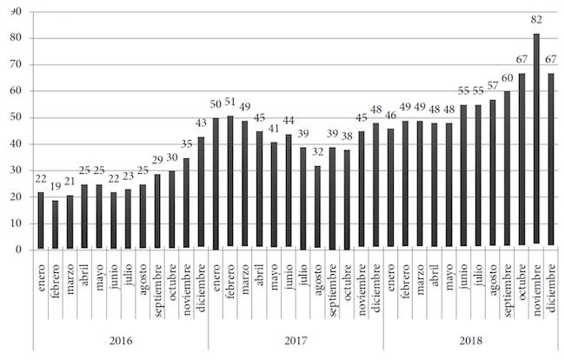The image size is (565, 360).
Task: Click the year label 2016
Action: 121,340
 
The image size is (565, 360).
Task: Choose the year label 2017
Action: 296,340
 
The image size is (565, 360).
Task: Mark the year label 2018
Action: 470,340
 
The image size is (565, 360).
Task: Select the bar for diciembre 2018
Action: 550,162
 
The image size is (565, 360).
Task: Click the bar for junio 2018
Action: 463,177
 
